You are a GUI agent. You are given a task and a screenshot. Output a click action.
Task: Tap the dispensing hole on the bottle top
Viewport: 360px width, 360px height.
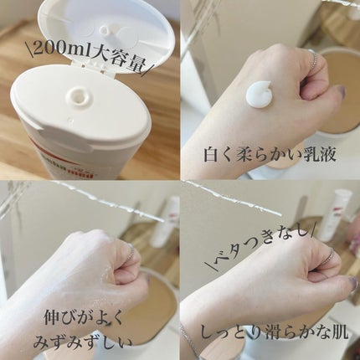pos(79,96)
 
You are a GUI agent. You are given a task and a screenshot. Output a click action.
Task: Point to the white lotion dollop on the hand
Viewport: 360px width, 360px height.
pos(259,93)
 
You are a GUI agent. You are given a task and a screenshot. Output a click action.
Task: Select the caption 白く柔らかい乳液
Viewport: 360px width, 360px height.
pos(270,156)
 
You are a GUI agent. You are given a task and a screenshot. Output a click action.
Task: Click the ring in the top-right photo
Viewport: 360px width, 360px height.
pos(314,60)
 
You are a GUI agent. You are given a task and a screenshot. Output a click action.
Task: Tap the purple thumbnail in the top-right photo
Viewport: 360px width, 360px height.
pos(339,90)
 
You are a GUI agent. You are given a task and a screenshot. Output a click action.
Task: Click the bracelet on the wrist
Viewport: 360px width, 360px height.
pos(188,339)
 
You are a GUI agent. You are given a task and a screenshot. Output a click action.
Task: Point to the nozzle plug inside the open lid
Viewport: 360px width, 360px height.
pos(107,32)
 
